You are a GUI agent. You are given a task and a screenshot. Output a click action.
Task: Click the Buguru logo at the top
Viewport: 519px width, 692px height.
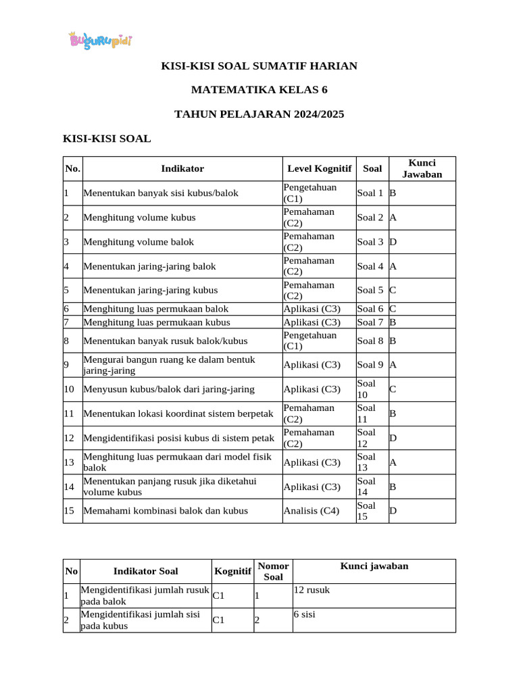pyautogui.click(x=101, y=41)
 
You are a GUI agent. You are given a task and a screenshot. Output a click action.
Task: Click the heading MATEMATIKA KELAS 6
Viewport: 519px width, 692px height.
pyautogui.click(x=259, y=90)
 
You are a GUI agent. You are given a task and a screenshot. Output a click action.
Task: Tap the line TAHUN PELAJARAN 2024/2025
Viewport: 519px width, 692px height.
pyautogui.click(x=259, y=114)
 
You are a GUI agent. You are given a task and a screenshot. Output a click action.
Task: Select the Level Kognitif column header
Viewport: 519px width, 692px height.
pyautogui.click(x=319, y=168)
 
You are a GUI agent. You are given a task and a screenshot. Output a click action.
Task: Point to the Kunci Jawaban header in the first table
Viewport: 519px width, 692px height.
pyautogui.click(x=422, y=168)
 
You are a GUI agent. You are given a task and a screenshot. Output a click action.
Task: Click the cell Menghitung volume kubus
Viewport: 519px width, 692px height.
pyautogui.click(x=140, y=218)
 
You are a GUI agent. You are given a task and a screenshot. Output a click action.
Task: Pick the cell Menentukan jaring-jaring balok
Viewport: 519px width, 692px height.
pyautogui.click(x=149, y=266)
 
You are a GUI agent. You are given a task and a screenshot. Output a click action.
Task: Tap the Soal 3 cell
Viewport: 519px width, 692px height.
pyautogui.click(x=370, y=242)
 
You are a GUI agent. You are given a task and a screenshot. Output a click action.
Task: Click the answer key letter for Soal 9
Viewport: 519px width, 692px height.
pyautogui.click(x=393, y=364)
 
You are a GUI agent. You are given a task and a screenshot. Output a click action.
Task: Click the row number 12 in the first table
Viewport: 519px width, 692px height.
pyautogui.click(x=69, y=438)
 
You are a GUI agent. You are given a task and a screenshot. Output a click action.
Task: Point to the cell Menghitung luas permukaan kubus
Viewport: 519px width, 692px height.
pyautogui.click(x=157, y=322)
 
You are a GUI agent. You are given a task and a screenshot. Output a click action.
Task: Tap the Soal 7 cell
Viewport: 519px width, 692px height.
pyautogui.click(x=370, y=322)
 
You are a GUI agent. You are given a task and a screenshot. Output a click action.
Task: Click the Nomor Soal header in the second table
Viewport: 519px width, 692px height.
pyautogui.click(x=273, y=571)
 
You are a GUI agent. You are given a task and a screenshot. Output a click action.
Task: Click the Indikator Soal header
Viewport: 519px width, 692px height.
pyautogui.click(x=145, y=572)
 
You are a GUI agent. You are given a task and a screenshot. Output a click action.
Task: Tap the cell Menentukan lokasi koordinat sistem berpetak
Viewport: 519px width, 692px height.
pyautogui.click(x=178, y=414)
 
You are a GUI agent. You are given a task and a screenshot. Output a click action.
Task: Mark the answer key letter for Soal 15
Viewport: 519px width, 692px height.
pyautogui.click(x=393, y=511)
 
